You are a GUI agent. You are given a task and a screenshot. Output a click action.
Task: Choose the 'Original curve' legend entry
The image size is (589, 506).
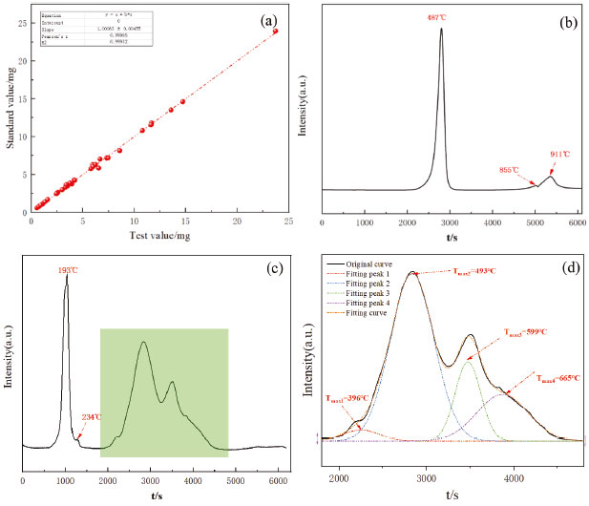coord(373,264)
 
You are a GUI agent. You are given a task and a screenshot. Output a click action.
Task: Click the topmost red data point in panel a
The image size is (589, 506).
coord(275,31)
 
